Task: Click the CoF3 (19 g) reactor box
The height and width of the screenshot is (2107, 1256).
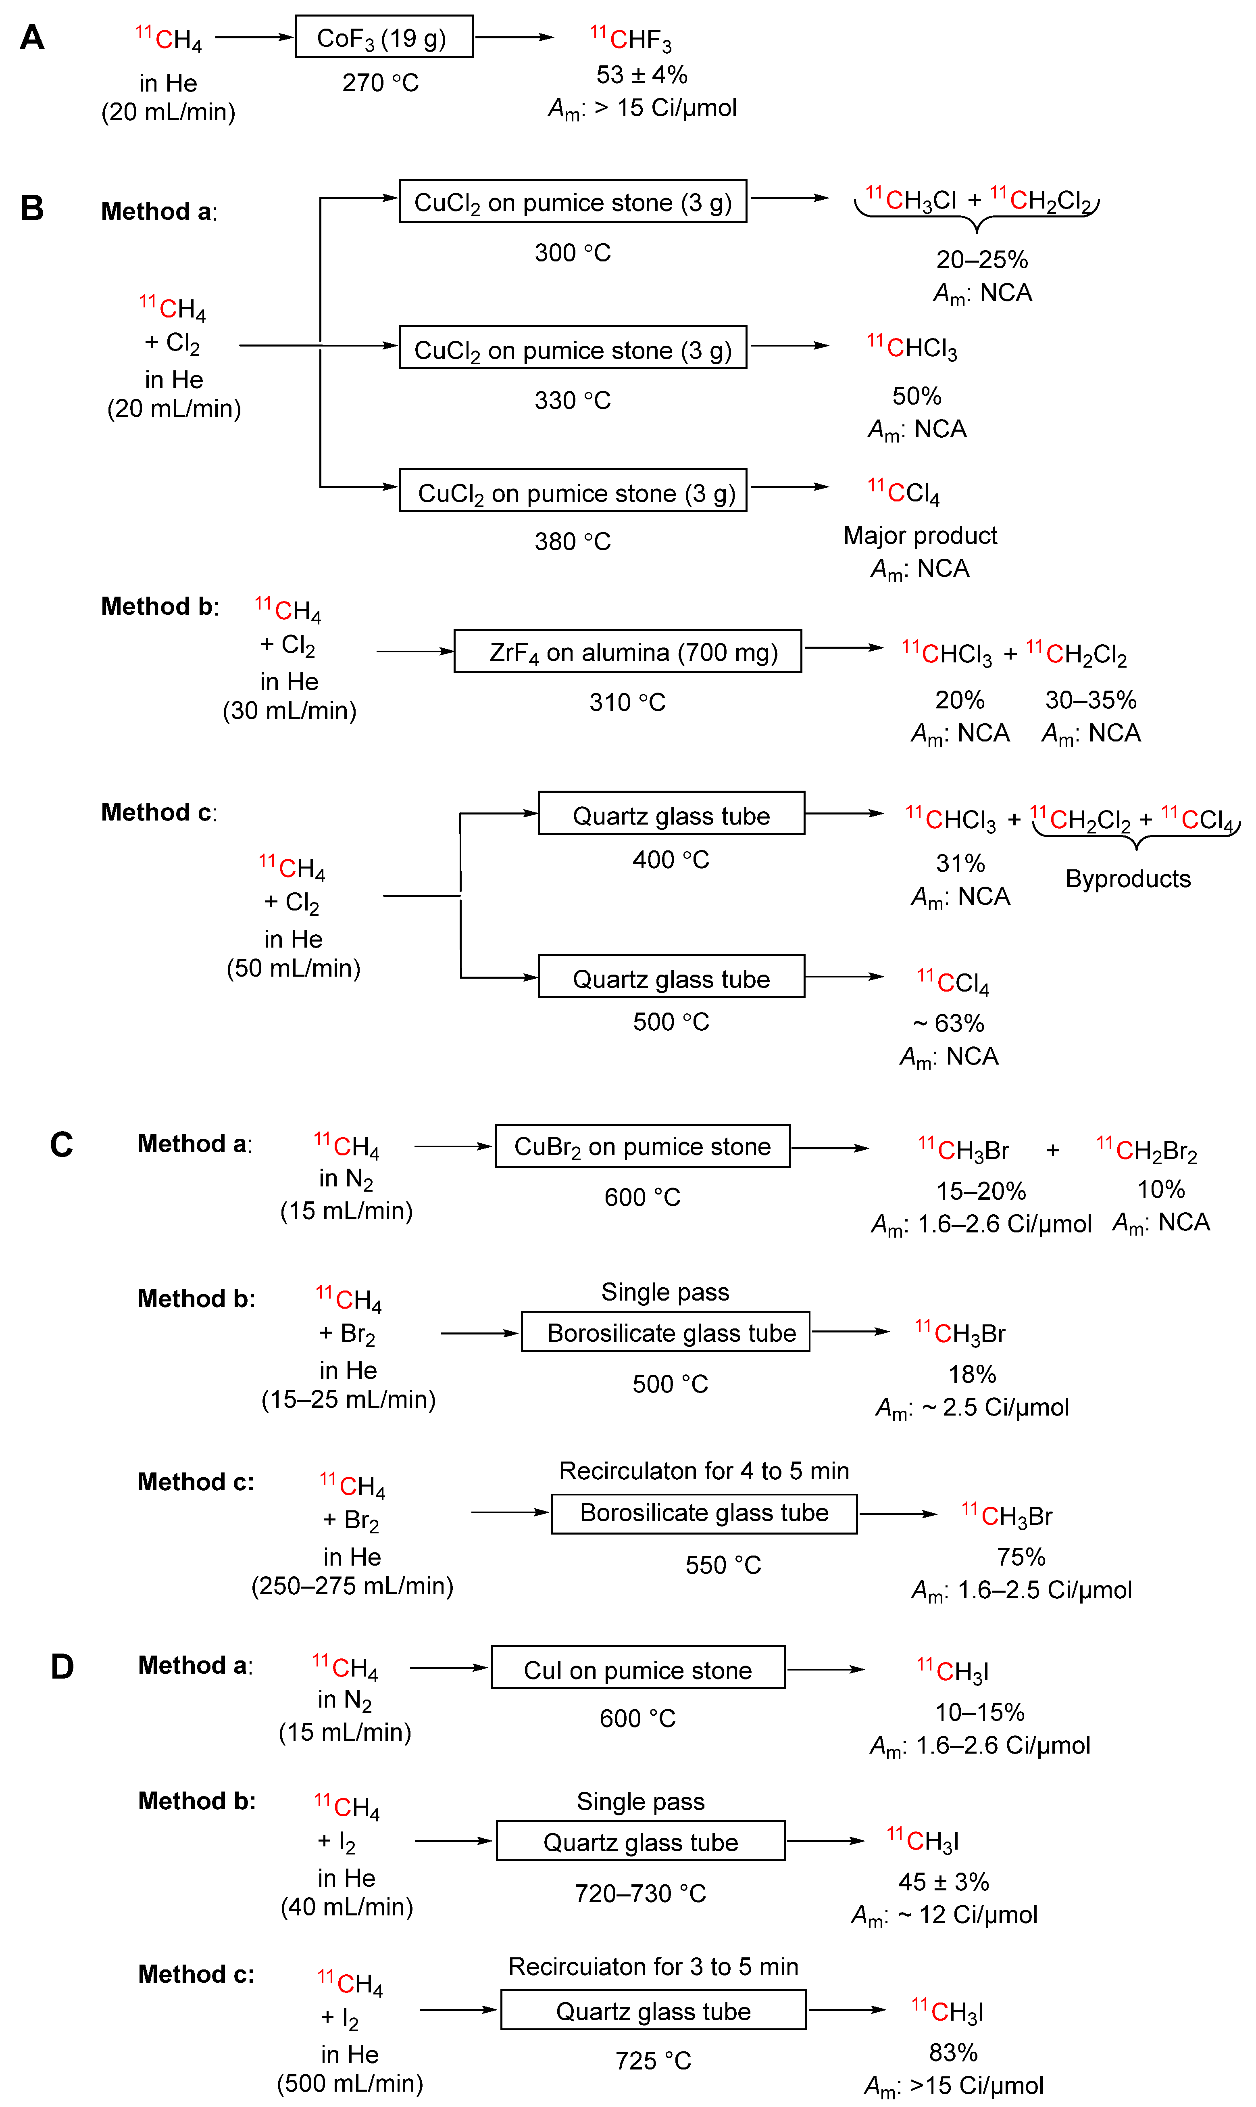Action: coord(383,37)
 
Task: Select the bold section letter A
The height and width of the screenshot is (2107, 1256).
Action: coord(32,38)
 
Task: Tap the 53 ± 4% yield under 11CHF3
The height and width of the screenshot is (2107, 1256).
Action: coord(642,75)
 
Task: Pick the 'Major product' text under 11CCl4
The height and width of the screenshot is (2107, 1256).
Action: coord(920,536)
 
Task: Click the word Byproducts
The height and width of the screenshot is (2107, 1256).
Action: coord(1127,879)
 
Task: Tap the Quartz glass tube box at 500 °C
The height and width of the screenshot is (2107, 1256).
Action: coord(671,978)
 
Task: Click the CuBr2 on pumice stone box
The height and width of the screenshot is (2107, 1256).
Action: coord(642,1147)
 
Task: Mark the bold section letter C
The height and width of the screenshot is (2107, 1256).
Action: coord(61,1145)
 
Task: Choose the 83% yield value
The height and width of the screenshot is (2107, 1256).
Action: coord(953,2053)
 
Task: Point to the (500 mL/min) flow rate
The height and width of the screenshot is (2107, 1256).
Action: coord(350,2083)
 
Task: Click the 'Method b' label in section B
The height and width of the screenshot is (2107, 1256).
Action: coord(159,607)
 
